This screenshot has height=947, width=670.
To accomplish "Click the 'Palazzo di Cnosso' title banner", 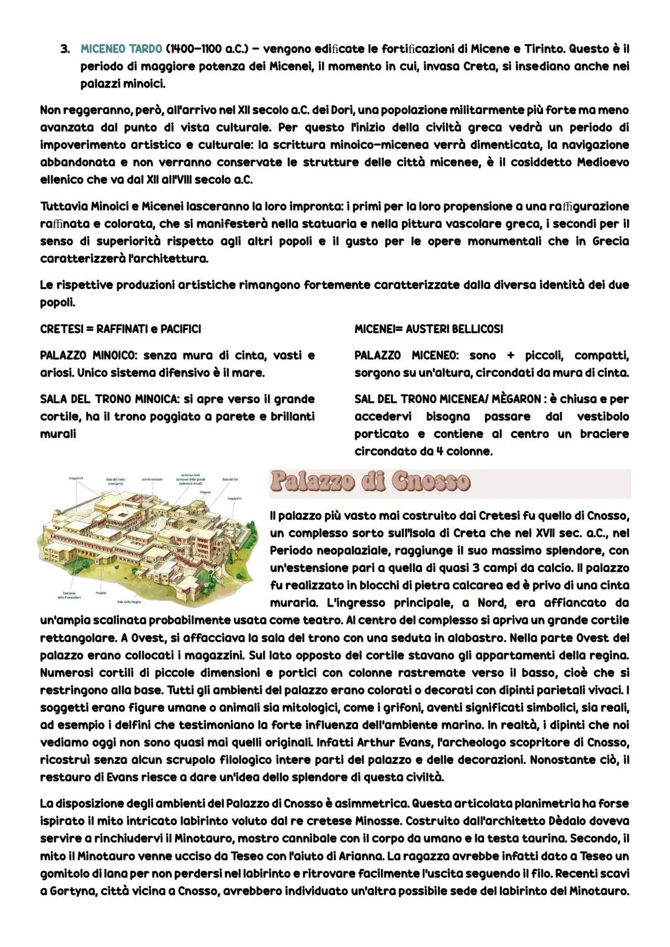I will pyautogui.click(x=370, y=482).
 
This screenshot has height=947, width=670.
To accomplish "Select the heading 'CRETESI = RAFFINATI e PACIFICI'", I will pyautogui.click(x=120, y=329).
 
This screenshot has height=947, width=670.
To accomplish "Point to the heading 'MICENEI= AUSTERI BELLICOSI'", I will pyautogui.click(x=429, y=329).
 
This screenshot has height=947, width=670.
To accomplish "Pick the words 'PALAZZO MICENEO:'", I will pyautogui.click(x=406, y=356).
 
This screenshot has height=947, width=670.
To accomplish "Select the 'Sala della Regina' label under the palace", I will pyautogui.click(x=129, y=602).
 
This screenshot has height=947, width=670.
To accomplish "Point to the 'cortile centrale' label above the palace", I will pyautogui.click(x=153, y=479).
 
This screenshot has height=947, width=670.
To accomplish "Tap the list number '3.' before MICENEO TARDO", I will pyautogui.click(x=65, y=48).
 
